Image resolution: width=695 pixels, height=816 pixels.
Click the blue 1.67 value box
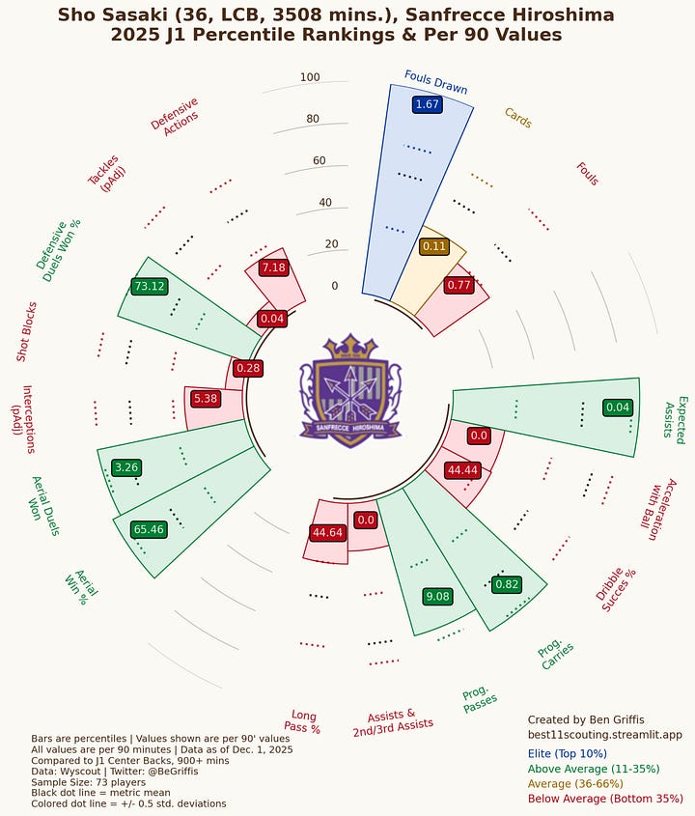(426, 104)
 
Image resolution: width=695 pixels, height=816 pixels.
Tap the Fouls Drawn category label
(434, 82)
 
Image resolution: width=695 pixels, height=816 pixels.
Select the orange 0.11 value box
(434, 246)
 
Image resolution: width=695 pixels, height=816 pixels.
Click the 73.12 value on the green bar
(150, 286)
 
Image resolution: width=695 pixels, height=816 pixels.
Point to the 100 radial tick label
(310, 78)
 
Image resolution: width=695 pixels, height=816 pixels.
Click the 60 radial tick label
(310, 161)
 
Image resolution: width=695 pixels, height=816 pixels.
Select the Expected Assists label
(675, 417)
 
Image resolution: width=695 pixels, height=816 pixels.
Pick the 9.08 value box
(437, 597)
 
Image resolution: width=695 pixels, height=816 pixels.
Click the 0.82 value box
(507, 584)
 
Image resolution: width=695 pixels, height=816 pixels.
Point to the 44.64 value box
(327, 532)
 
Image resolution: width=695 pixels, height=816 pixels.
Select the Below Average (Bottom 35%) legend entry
(605, 800)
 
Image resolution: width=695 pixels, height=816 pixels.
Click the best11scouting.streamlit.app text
(604, 735)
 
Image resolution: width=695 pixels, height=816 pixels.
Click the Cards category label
(517, 118)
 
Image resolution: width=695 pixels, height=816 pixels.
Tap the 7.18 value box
(273, 267)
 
